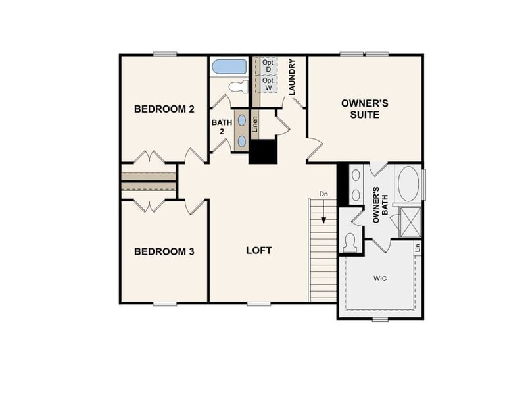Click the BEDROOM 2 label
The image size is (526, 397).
coord(164,109)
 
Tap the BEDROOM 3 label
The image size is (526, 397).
coord(164,251)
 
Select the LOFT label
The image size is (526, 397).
coord(258,251)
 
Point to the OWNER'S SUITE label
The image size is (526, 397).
coord(364,109)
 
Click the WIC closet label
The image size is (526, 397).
coord(380,278)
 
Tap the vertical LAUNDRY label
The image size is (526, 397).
coord(291,76)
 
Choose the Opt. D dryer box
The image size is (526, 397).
coord(268,66)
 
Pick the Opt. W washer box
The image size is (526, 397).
coord(268,84)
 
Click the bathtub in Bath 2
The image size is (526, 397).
coord(229,66)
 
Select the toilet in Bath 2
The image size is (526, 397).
coord(238,86)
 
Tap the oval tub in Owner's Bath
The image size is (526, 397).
coord(408,183)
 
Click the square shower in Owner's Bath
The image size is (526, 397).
coord(411,222)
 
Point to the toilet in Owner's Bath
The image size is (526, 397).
coord(350,242)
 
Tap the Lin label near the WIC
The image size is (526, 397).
coord(418,248)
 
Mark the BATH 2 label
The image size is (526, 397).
coord(222,127)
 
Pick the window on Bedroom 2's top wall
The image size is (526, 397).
coord(165,54)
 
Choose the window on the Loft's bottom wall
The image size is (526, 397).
coord(259,304)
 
